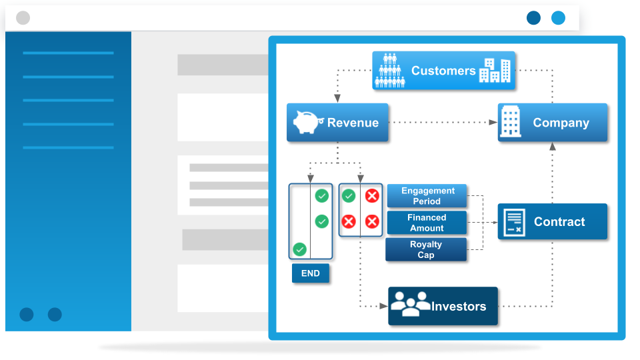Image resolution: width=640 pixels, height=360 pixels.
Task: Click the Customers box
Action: pyautogui.click(x=444, y=70)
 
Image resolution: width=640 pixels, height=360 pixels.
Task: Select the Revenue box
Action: pyautogui.click(x=337, y=123)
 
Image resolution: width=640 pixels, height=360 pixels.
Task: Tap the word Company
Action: pyautogui.click(x=561, y=123)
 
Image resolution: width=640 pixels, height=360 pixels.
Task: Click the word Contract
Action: pyautogui.click(x=559, y=221)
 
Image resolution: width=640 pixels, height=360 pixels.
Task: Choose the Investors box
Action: pyautogui.click(x=443, y=306)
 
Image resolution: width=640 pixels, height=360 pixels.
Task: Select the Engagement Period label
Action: pyautogui.click(x=427, y=196)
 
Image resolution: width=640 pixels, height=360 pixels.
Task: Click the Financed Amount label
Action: pyautogui.click(x=427, y=223)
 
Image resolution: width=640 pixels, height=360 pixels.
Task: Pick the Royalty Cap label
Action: pyautogui.click(x=426, y=249)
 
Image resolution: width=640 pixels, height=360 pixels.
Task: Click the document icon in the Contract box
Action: pyautogui.click(x=514, y=222)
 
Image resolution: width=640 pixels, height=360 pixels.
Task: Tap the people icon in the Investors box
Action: pyautogui.click(x=411, y=304)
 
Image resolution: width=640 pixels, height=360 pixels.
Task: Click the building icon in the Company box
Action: pyautogui.click(x=511, y=121)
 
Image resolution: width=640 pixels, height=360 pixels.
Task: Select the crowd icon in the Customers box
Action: pyautogui.click(x=390, y=70)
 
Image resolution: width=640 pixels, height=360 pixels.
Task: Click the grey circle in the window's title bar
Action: pyautogui.click(x=23, y=18)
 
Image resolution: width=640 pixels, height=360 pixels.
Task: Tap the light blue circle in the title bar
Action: pyautogui.click(x=559, y=18)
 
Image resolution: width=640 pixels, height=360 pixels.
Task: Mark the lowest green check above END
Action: pyautogui.click(x=299, y=249)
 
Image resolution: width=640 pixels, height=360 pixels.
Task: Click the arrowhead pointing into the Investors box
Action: pyautogui.click(x=384, y=306)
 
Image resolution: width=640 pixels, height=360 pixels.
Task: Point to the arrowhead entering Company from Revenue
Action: pyautogui.click(x=493, y=122)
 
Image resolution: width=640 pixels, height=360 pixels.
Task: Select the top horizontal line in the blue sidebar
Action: pyautogui.click(x=68, y=53)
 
